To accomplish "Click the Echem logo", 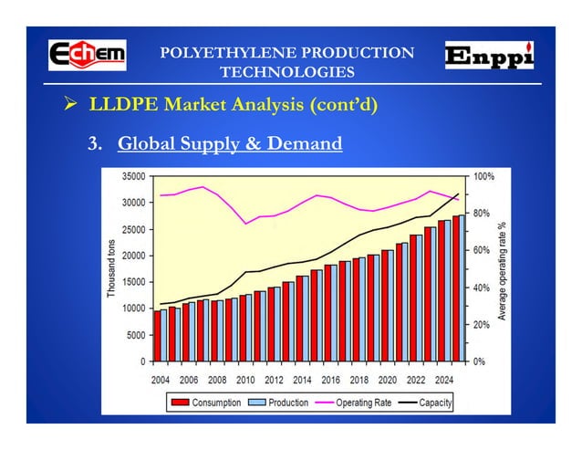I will pos(87,55).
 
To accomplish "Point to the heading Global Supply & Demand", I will pos(230,143).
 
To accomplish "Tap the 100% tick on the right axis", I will pos(484,175).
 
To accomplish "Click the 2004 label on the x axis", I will pos(160,380).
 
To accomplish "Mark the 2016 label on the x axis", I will pos(330,380).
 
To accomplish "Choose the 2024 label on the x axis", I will pos(444,380).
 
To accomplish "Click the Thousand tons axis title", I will pos(111,268).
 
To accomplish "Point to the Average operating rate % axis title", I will pos(501,270).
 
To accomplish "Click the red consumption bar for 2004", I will pos(157,336).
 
